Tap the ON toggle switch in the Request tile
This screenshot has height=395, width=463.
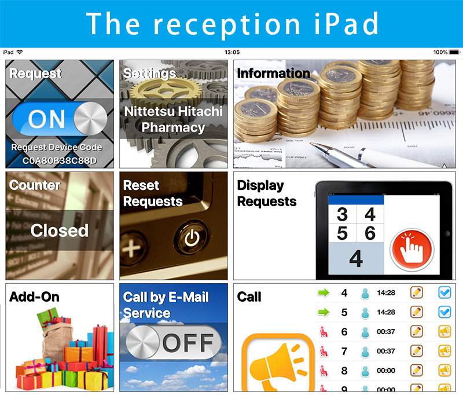click(x=60, y=119)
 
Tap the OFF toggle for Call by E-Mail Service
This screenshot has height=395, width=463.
click(x=173, y=342)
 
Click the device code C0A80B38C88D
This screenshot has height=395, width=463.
click(x=60, y=160)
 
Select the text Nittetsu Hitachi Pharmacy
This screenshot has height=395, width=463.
click(x=173, y=119)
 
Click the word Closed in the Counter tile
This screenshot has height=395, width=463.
click(x=60, y=230)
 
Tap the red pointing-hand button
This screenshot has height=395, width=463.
click(x=412, y=250)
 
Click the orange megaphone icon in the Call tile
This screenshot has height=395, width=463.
click(x=278, y=363)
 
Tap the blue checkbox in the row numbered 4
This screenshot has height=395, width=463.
click(x=444, y=293)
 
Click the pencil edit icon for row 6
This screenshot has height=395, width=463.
click(x=417, y=331)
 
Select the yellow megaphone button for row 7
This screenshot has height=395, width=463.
click(x=444, y=351)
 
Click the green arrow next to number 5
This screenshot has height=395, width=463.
click(x=324, y=312)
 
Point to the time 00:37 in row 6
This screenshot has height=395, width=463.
click(x=386, y=332)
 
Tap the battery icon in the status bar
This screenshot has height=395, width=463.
click(x=455, y=52)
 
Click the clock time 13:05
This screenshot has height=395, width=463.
click(x=232, y=52)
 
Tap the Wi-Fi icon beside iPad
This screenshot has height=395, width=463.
click(x=20, y=52)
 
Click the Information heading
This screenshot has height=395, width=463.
click(x=273, y=74)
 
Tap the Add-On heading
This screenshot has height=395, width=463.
click(x=34, y=297)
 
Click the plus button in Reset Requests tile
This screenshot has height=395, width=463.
click(x=132, y=248)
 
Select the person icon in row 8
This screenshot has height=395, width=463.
click(x=365, y=371)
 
